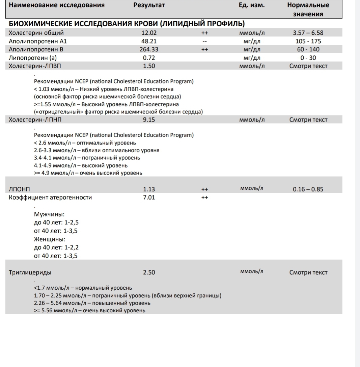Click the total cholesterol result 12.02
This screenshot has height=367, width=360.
(149, 33)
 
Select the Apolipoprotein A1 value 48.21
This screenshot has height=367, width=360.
(149, 41)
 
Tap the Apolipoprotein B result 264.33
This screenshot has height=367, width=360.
(149, 50)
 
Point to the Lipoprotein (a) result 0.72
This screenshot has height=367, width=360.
(149, 58)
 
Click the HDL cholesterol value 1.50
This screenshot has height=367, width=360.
(149, 66)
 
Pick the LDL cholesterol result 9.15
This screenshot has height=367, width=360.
(149, 120)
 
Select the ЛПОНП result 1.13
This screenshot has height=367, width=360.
(149, 189)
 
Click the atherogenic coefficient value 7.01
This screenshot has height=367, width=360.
(149, 198)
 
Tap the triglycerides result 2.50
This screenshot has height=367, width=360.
(149, 272)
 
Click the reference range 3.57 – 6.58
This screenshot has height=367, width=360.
(308, 33)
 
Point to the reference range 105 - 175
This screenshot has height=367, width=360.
(308, 41)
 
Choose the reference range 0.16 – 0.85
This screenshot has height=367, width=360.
(308, 189)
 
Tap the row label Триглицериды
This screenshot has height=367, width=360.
(30, 272)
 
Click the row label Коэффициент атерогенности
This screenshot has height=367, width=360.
(50, 198)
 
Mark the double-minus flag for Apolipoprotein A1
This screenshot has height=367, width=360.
(204, 42)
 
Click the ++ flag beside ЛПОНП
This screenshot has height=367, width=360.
(204, 189)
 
